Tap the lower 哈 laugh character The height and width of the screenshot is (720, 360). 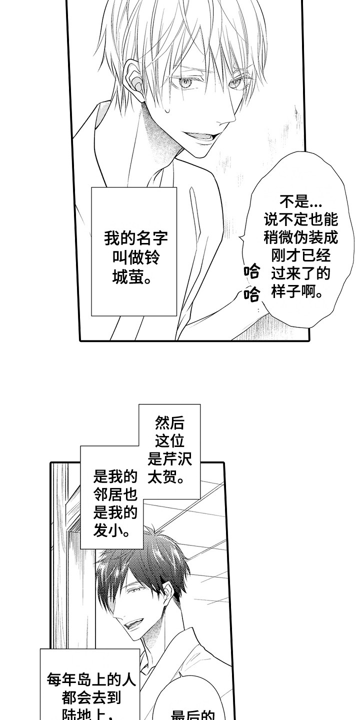pyautogui.click(x=252, y=294)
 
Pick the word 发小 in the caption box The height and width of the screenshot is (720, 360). pyautogui.click(x=111, y=530)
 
